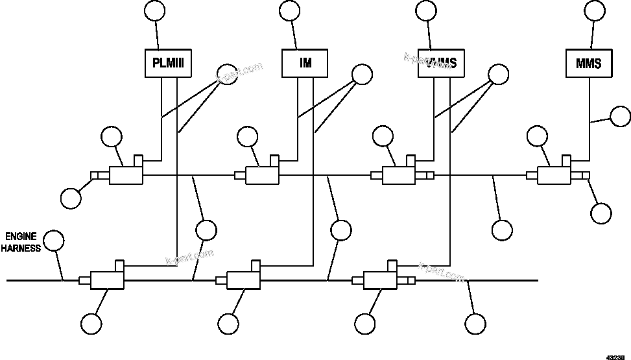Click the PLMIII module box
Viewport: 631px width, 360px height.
click(x=168, y=64)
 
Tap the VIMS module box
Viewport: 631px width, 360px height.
click(x=442, y=64)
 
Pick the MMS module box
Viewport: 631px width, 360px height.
click(x=589, y=64)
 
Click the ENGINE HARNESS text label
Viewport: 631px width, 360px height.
click(x=24, y=241)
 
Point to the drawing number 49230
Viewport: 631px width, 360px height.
click(x=615, y=355)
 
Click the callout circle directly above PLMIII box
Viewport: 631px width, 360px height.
click(x=154, y=10)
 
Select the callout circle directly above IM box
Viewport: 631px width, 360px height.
click(x=289, y=10)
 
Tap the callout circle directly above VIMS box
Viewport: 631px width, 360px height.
click(x=425, y=10)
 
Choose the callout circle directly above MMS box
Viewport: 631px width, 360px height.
click(x=595, y=10)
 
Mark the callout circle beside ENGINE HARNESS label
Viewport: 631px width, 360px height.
click(x=54, y=241)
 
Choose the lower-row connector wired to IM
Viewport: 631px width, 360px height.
click(x=243, y=280)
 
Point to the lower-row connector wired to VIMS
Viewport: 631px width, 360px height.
click(x=381, y=280)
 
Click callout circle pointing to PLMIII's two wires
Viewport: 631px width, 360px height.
click(x=226, y=75)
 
